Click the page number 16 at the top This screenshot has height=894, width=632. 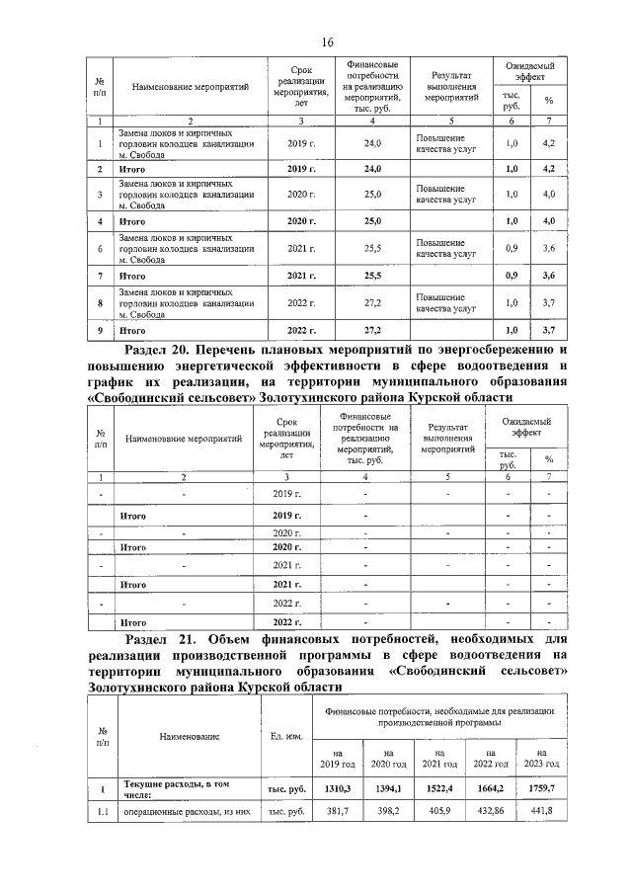[327, 41]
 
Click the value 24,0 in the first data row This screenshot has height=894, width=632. [372, 144]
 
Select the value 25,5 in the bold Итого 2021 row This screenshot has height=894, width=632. [372, 273]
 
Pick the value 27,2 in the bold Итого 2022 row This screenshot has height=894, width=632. [372, 327]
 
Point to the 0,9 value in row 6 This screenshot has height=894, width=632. [511, 248]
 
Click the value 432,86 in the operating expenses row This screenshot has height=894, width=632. [490, 811]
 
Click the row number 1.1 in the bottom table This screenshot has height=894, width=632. [102, 811]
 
